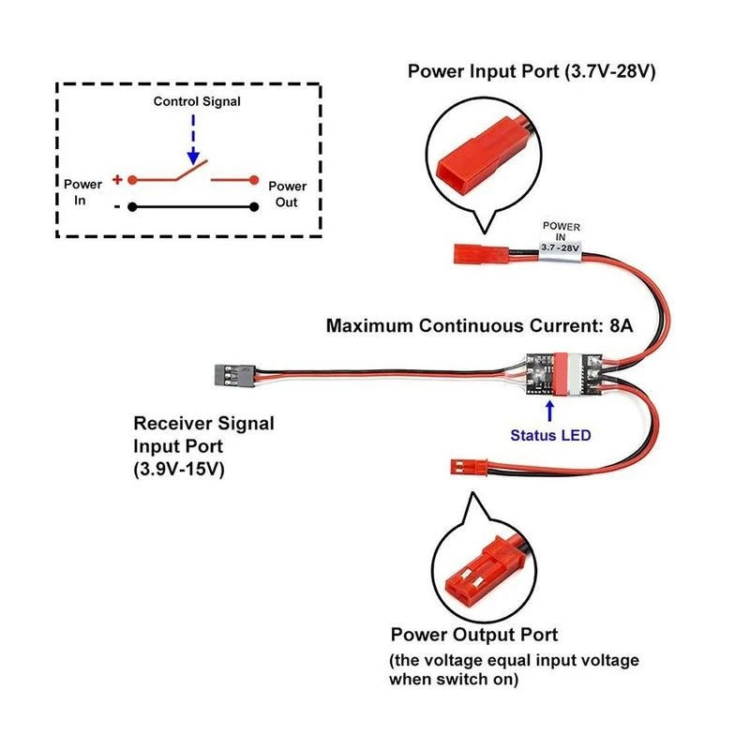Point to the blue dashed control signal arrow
(192, 136)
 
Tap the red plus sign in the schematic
(117, 178)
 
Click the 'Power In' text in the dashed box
(82, 193)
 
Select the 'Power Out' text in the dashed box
(287, 194)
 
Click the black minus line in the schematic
(192, 207)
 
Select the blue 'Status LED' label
(551, 434)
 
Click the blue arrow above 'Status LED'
(551, 410)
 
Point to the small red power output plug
(467, 465)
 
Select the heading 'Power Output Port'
(474, 635)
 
